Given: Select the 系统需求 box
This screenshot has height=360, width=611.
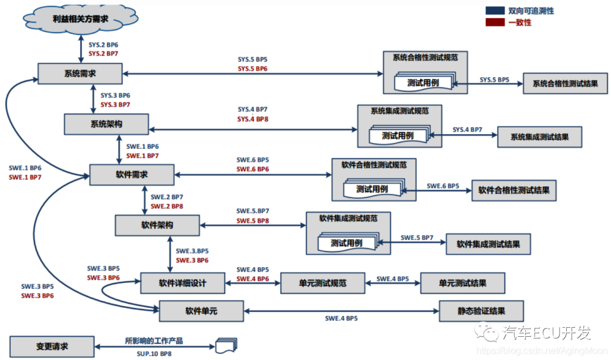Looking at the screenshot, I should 80,73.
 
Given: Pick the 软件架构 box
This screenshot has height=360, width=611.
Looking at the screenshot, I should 157,225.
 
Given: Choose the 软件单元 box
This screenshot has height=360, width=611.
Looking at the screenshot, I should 201,311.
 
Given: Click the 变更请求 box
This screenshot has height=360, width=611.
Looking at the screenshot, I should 51,346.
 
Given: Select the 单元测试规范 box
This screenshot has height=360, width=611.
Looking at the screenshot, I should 322,282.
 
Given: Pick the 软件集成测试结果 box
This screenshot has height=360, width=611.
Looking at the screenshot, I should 488,244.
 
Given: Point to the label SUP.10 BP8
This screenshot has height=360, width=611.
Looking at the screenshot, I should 153,353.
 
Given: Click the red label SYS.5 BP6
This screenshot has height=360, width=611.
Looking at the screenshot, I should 252,68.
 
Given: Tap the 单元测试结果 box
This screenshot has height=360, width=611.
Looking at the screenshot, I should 462,282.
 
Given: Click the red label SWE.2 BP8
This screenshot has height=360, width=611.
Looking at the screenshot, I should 166,207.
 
